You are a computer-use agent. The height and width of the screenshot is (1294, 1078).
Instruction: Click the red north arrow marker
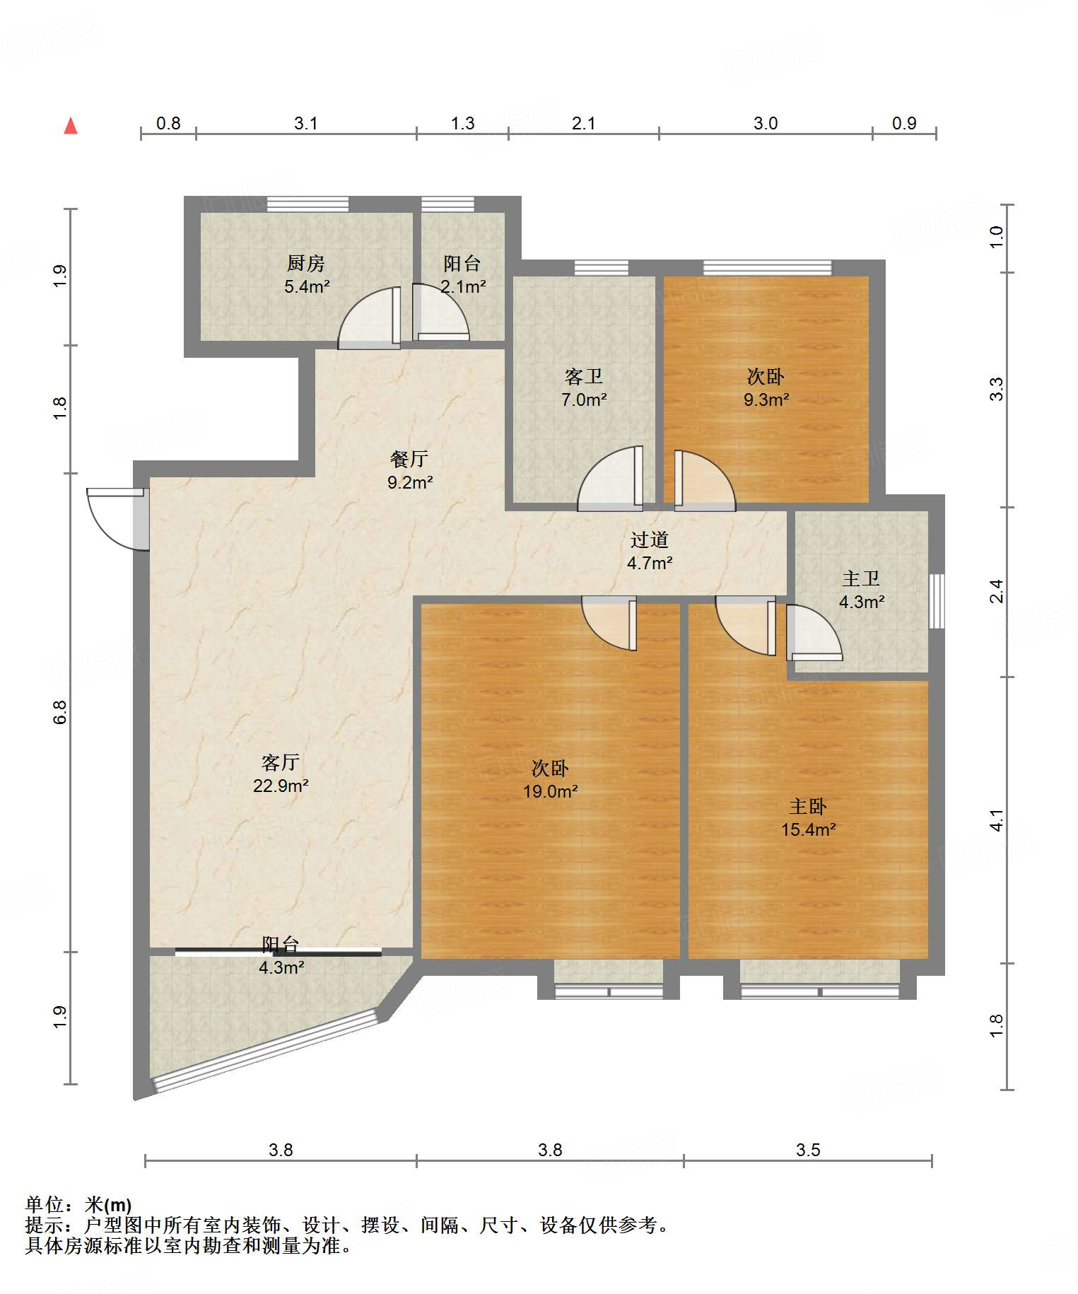(x=71, y=126)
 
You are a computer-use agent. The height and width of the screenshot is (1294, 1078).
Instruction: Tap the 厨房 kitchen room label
(x=306, y=264)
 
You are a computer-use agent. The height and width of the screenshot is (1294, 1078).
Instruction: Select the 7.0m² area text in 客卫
(x=584, y=400)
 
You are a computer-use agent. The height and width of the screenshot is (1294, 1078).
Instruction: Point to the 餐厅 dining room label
(x=409, y=459)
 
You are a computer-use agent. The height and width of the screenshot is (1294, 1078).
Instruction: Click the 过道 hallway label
(x=650, y=540)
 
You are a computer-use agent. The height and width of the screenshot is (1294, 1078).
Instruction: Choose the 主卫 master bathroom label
(x=861, y=579)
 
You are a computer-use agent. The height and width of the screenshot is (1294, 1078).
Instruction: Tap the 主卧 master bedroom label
(x=808, y=807)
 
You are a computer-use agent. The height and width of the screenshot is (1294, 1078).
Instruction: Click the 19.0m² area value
(x=551, y=791)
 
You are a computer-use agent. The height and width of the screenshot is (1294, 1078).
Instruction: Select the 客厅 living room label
(x=281, y=762)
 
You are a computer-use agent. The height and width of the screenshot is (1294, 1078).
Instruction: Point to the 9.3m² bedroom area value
(x=766, y=400)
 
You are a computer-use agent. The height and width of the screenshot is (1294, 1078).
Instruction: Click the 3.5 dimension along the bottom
(x=808, y=1150)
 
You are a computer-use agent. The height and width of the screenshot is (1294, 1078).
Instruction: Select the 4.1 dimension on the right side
(x=996, y=820)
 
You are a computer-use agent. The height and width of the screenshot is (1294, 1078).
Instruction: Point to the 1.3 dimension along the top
(x=463, y=123)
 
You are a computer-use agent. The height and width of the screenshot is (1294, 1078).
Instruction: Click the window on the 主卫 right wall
(x=937, y=601)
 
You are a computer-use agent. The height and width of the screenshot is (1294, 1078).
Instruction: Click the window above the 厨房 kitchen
(x=308, y=204)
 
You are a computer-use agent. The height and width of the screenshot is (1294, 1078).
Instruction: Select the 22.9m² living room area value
(x=281, y=786)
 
